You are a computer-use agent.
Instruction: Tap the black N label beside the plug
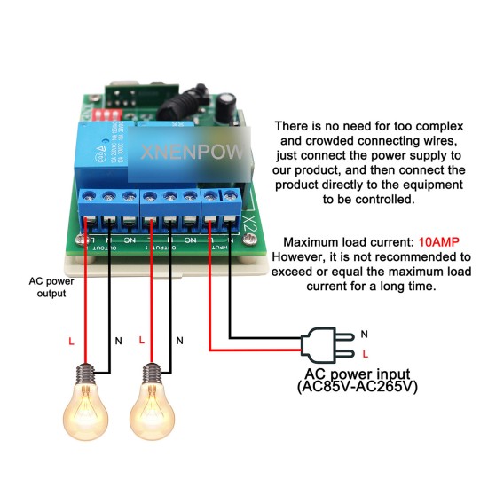[x=365, y=335]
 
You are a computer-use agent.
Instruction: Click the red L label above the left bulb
[x=70, y=341]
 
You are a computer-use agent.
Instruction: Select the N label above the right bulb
[x=179, y=340]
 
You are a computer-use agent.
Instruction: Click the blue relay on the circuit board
[x=108, y=144]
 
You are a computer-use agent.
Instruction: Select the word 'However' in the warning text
[x=308, y=256]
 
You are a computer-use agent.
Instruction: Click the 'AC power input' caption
[x=356, y=374]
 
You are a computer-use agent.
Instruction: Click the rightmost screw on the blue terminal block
[x=230, y=195]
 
